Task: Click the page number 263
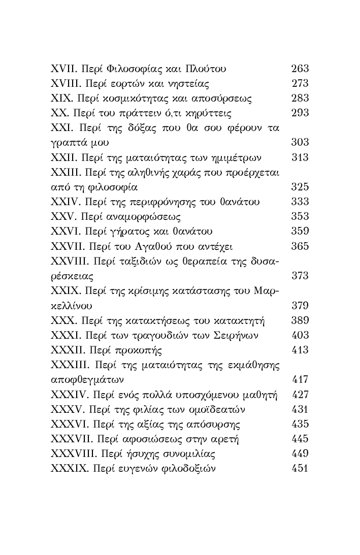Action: (300, 69)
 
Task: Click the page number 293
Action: (300, 113)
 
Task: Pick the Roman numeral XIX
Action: (61, 98)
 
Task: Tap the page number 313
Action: (300, 157)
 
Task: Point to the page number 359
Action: (300, 232)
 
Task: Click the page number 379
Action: (300, 306)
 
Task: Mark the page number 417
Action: (300, 379)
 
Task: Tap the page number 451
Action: (300, 468)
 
